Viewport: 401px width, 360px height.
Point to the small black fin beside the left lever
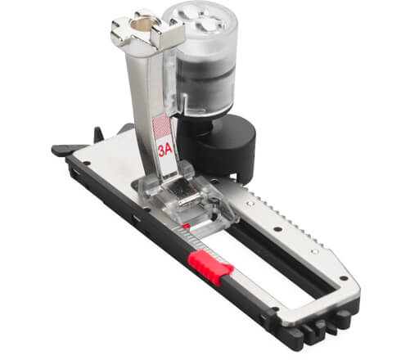pyautogui.click(x=99, y=132)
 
